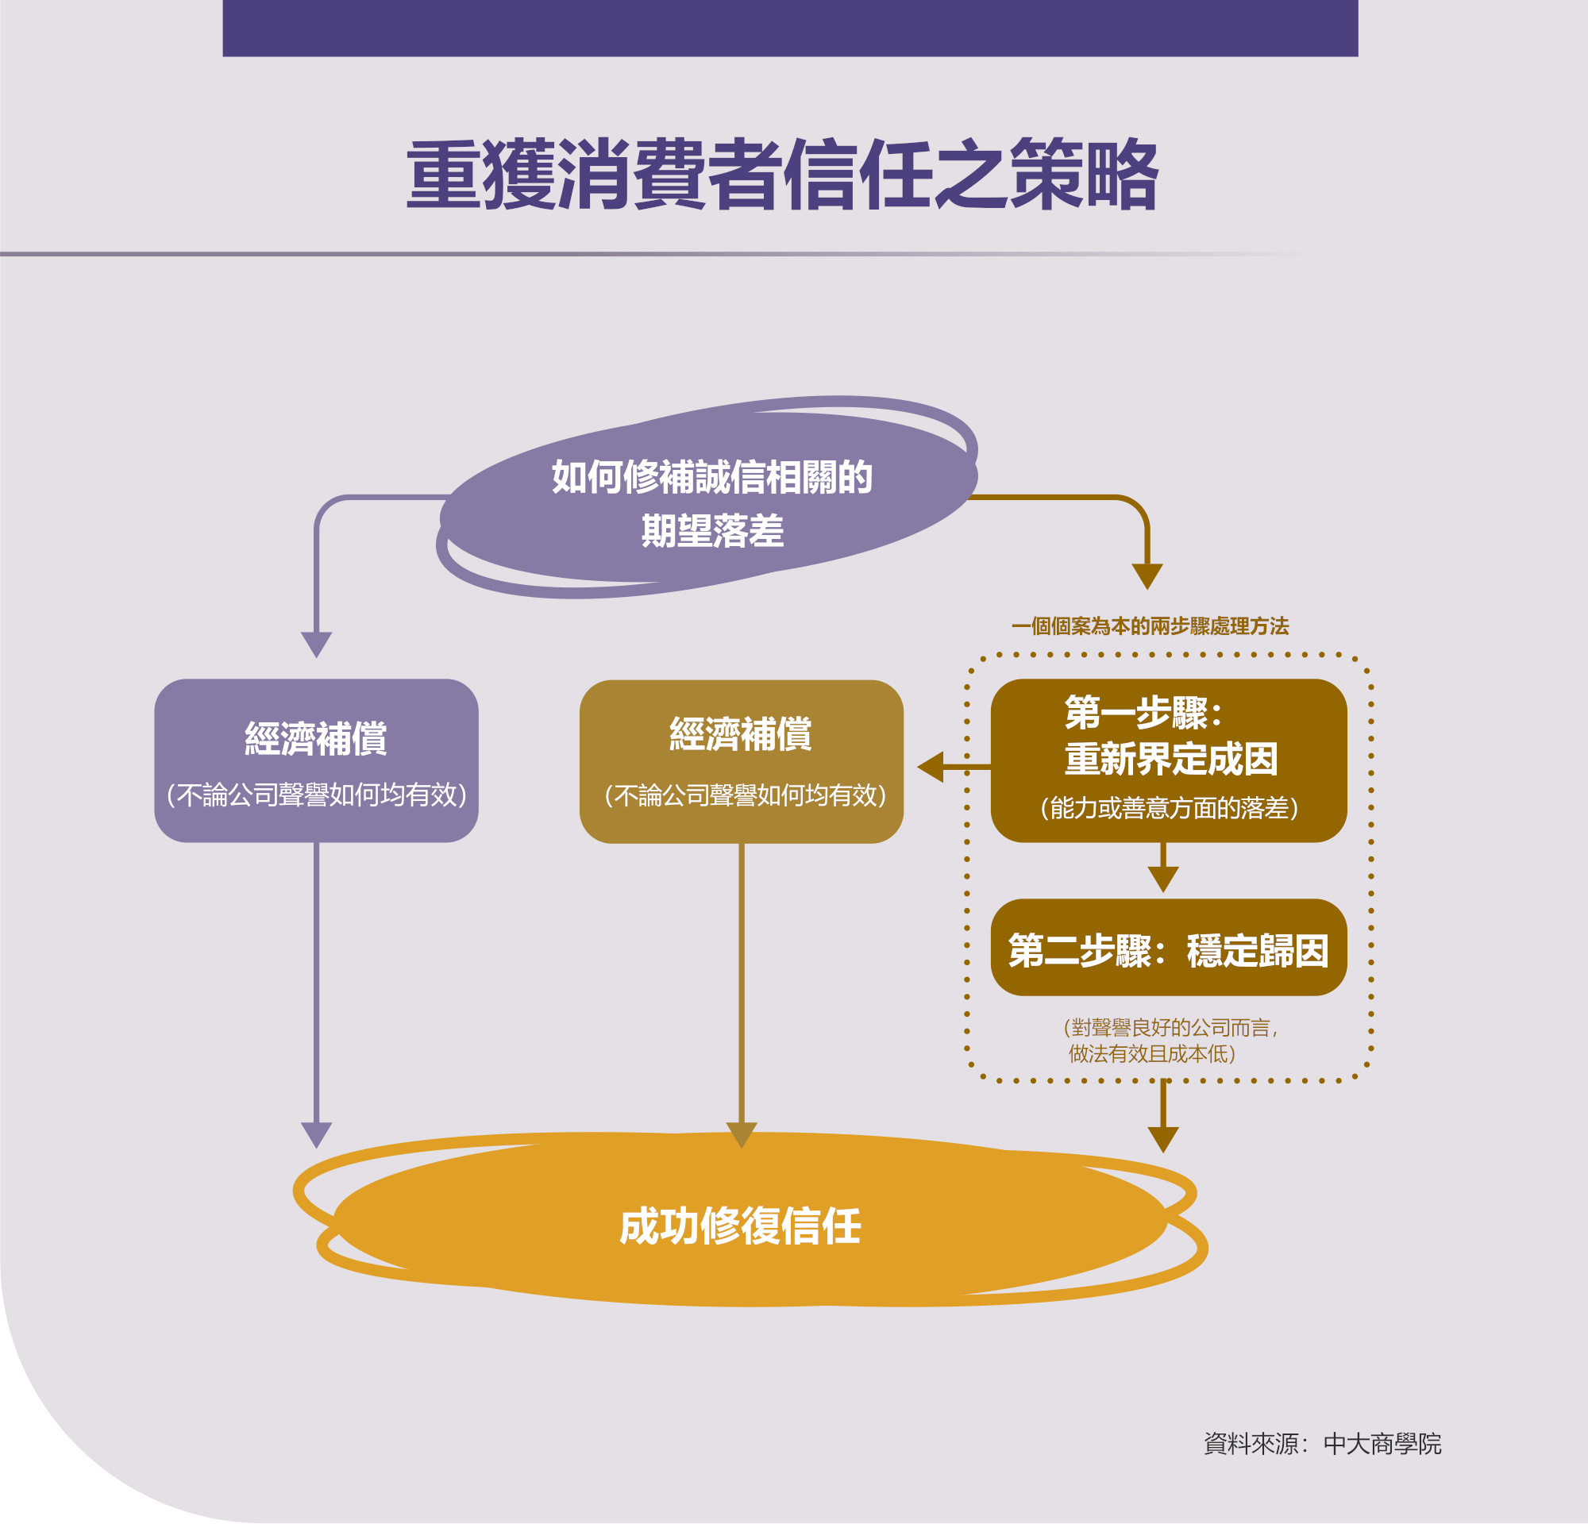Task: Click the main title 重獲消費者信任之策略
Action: point(782,174)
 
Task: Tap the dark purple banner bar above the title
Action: point(790,29)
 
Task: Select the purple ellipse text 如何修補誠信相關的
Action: point(711,477)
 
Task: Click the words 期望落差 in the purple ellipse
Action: point(712,531)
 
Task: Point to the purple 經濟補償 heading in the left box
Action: point(316,737)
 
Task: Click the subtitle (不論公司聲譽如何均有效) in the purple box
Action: point(316,795)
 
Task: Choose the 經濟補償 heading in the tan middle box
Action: point(741,733)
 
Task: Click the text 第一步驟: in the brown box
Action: point(1143,713)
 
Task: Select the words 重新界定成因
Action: point(1170,759)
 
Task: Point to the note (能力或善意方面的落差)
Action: point(1168,808)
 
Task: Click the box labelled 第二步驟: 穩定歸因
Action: point(1168,948)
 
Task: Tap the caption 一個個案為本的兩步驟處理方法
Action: point(1150,626)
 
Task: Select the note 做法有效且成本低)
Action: point(1151,1053)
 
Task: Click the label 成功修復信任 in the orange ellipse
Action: point(740,1226)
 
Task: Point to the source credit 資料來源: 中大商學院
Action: point(1322,1444)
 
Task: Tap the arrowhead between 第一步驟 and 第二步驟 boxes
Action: point(1162,879)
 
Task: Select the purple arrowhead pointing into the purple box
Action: point(316,645)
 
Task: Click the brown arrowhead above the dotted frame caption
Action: point(1147,576)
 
